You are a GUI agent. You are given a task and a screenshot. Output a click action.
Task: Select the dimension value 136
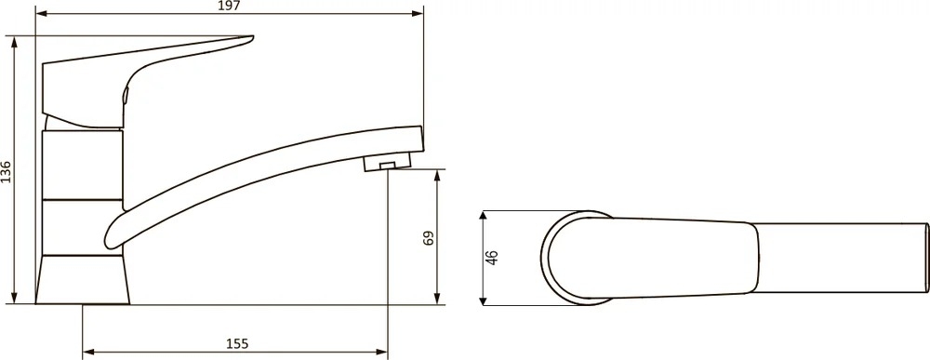6,171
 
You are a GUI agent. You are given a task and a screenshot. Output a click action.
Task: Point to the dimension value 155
237,344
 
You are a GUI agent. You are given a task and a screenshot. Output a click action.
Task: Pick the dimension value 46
493,258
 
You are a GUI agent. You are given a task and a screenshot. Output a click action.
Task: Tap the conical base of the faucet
83,280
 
